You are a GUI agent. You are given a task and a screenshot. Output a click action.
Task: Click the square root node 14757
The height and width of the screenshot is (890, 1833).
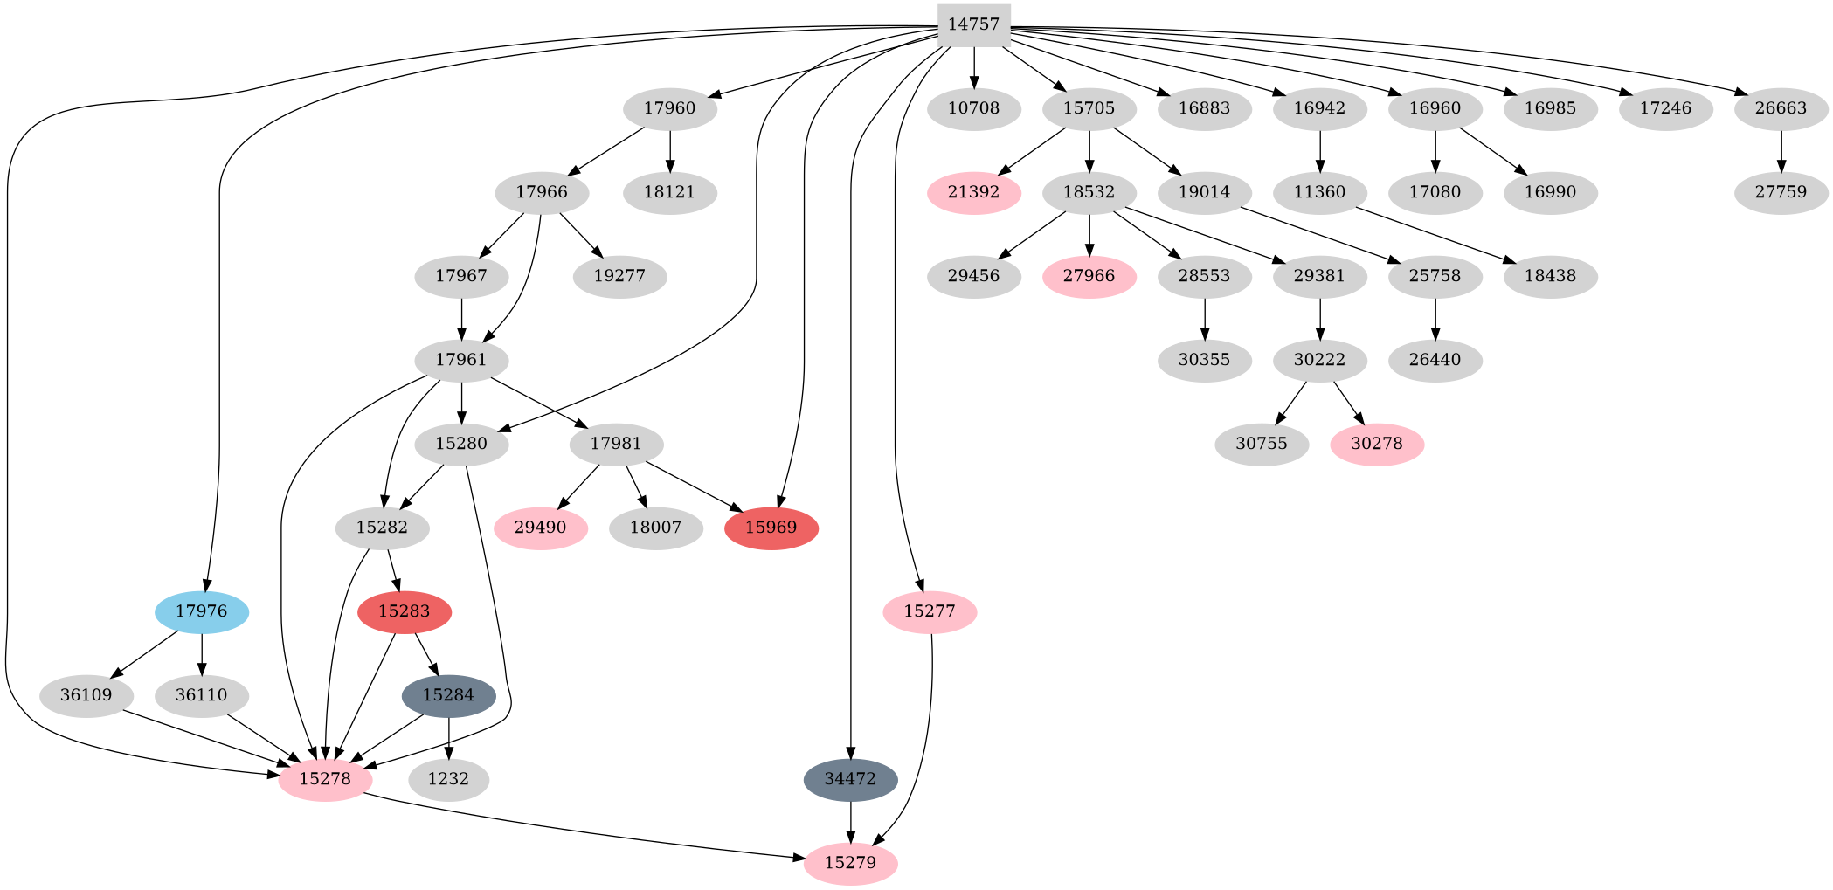tap(973, 24)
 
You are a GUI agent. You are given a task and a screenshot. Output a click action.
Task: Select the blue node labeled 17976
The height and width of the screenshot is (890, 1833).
tap(202, 611)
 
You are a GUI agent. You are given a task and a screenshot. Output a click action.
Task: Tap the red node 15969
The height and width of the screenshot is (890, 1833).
tap(771, 528)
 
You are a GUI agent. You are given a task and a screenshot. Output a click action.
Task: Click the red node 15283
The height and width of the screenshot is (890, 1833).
tap(405, 611)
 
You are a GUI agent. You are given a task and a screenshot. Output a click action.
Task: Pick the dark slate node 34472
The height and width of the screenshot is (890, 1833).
tap(850, 779)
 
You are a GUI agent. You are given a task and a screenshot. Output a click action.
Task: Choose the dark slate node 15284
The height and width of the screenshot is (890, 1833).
tap(448, 695)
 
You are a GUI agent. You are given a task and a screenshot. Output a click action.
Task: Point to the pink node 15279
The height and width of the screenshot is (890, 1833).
tap(850, 863)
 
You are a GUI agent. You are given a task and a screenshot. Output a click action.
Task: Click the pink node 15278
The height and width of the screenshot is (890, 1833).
tap(325, 779)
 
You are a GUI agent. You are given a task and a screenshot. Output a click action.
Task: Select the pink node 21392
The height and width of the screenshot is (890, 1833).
tap(973, 192)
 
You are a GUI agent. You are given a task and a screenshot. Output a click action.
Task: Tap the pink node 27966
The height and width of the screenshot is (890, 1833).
tap(1089, 276)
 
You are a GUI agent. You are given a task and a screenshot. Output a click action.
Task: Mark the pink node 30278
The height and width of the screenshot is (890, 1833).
tap(1377, 444)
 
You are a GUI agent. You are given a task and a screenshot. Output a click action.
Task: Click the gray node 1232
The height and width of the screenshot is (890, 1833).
tap(448, 779)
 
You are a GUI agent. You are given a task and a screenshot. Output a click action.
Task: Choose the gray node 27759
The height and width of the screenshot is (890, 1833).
tap(1781, 192)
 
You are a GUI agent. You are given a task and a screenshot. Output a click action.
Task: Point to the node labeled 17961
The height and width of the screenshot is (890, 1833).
tap(461, 360)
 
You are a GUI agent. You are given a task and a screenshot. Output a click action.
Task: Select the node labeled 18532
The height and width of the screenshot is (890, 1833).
tap(1089, 192)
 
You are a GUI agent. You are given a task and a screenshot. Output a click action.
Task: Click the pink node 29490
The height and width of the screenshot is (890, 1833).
tap(540, 528)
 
